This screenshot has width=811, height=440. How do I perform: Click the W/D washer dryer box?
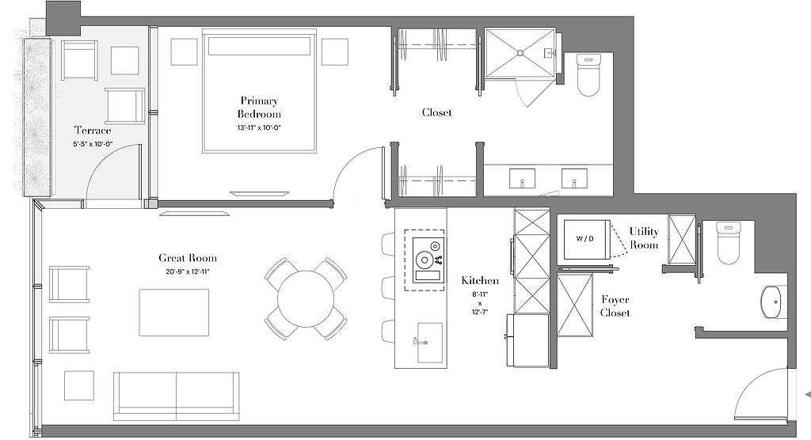coord(586,239)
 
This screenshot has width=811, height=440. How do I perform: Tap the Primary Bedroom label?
coord(259,108)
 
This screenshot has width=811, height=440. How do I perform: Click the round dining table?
coord(306,299)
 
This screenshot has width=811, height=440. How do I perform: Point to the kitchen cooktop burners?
coord(428,260)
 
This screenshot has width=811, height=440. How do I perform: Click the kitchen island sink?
coord(430,343)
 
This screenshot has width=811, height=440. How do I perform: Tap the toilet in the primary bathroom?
coord(588,76)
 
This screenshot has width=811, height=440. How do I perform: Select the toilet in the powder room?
coord(729,243)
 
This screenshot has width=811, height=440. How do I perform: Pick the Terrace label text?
coord(93,130)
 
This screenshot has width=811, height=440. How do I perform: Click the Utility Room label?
coord(644,238)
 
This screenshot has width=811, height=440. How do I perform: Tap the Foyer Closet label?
coord(615,306)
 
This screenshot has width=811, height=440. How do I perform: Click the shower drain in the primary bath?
coord(520,53)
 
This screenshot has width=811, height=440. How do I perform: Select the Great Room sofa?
coord(177,396)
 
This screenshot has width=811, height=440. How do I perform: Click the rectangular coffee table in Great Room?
coord(173,313)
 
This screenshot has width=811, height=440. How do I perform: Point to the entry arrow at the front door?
coord(807,395)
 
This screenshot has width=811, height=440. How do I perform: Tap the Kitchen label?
coord(480,281)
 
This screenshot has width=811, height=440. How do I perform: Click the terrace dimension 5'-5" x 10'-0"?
coord(93,144)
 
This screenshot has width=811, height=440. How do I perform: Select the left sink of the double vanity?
coord(523,178)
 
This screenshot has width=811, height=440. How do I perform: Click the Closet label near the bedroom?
coord(437,112)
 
